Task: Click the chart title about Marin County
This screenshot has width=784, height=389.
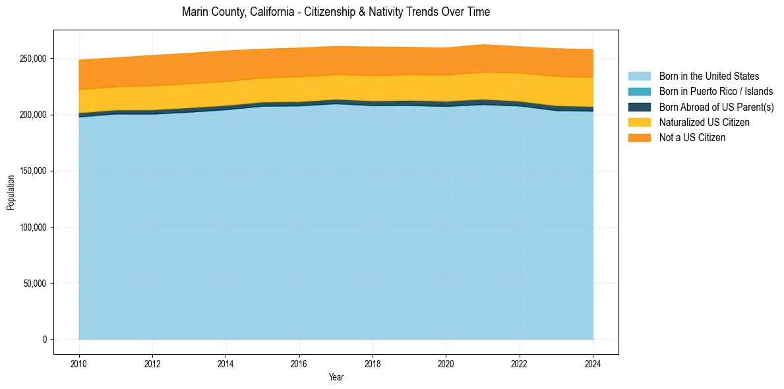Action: click(x=336, y=12)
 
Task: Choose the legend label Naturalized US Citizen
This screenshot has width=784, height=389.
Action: click(x=704, y=122)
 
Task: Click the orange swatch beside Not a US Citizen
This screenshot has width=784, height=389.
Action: click(x=639, y=137)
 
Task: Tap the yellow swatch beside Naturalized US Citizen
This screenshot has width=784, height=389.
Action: click(x=639, y=122)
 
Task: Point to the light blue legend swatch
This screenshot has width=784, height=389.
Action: click(x=639, y=76)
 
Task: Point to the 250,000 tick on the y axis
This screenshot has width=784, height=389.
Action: click(x=33, y=59)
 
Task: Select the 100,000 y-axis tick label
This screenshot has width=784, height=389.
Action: click(x=33, y=227)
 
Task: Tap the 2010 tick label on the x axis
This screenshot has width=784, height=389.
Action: click(x=78, y=363)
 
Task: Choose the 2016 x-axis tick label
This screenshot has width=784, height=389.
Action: click(x=299, y=363)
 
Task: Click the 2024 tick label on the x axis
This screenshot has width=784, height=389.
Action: click(x=593, y=363)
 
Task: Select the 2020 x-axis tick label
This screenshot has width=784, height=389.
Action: click(x=446, y=363)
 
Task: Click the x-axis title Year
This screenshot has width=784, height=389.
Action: click(x=336, y=377)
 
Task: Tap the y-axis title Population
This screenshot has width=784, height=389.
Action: click(x=11, y=193)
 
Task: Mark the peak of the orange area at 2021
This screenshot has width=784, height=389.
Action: click(x=483, y=44)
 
